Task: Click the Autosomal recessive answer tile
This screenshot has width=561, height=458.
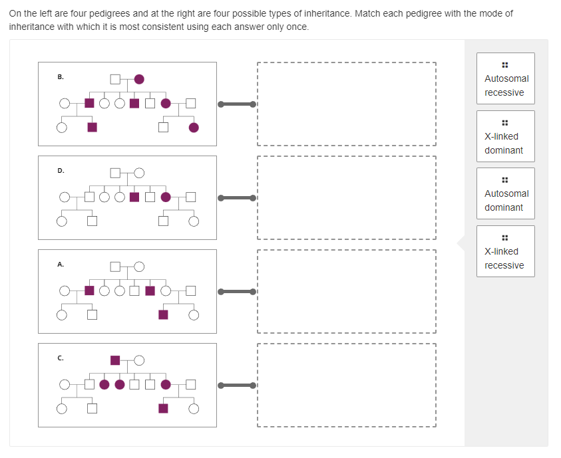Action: (x=505, y=79)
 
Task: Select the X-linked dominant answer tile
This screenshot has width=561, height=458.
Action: (x=505, y=137)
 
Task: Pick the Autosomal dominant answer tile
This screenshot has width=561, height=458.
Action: (x=505, y=194)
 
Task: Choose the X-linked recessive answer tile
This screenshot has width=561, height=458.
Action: (x=505, y=252)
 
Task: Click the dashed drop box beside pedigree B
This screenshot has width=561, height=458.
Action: (x=346, y=104)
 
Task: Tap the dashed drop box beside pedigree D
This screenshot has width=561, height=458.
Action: (x=346, y=197)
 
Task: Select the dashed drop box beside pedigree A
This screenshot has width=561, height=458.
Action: (x=346, y=291)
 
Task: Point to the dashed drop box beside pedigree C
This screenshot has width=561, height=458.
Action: (x=346, y=385)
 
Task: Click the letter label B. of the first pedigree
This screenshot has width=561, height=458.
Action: (x=61, y=77)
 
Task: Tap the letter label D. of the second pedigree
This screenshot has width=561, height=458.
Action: (x=61, y=171)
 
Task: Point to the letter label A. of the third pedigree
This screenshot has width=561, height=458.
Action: (x=61, y=265)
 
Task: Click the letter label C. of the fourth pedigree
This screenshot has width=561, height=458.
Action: (x=61, y=358)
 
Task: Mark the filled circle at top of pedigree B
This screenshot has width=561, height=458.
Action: (x=139, y=79)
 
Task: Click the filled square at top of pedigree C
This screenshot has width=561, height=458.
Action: (x=115, y=360)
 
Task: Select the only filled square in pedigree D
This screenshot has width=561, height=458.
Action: (x=134, y=197)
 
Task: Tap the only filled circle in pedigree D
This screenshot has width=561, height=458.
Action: (x=166, y=197)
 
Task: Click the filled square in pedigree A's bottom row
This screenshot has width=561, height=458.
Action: (x=164, y=314)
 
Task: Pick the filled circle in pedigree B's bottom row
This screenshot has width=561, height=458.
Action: (x=194, y=128)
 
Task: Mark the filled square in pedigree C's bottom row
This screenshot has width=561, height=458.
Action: (x=164, y=408)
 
